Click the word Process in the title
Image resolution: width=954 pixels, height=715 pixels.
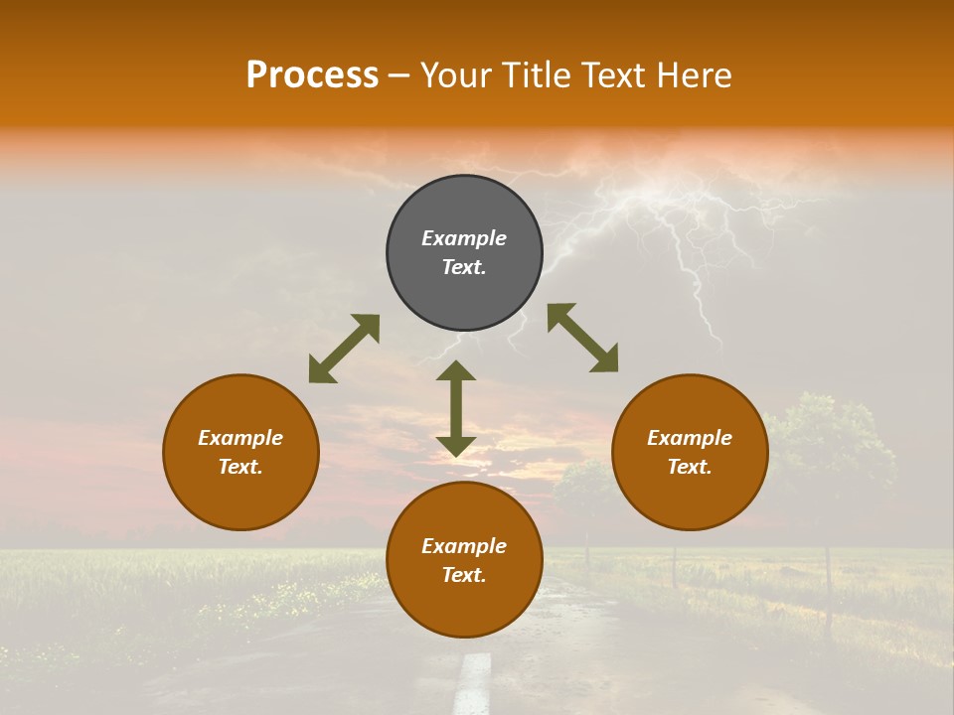tap(312, 75)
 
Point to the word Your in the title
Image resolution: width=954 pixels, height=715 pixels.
tap(457, 75)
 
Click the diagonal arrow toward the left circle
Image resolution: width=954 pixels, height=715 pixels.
tap(344, 349)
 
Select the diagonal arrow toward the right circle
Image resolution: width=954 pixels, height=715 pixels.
tap(582, 338)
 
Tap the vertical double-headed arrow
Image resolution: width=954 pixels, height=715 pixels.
tap(456, 408)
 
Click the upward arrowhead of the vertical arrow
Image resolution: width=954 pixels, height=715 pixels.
tap(456, 370)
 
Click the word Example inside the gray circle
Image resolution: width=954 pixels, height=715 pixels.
tap(464, 238)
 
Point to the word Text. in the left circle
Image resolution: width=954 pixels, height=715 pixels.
tap(240, 467)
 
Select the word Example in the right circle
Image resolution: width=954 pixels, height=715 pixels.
tap(690, 438)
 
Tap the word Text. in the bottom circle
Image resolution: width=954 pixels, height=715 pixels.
tap(464, 575)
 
